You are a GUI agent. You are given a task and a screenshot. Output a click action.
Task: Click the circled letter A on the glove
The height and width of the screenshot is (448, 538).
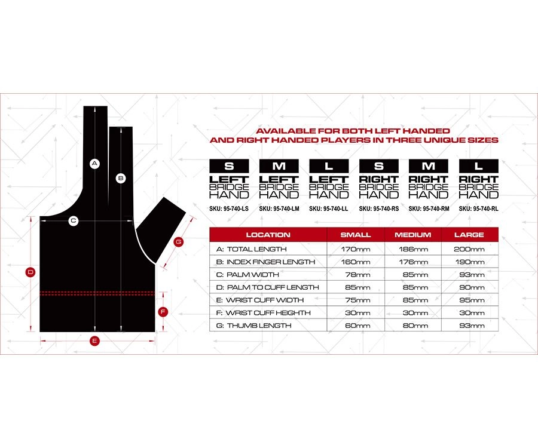coord(94,163)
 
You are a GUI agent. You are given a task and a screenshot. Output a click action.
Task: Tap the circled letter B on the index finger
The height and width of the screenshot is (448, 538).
coord(120,177)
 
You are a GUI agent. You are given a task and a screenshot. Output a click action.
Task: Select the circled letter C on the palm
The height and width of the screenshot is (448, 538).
coord(74,221)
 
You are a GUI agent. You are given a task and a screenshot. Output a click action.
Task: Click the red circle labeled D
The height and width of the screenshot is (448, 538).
coord(30,272)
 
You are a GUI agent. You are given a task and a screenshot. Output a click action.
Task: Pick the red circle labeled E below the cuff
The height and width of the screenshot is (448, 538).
coord(94,341)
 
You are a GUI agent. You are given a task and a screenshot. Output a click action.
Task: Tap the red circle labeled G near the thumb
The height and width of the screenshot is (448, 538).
coord(178,242)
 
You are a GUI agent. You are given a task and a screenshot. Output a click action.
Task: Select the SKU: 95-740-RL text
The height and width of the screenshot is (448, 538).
coord(478,208)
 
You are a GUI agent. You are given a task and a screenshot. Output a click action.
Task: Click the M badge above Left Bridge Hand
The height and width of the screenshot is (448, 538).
coord(279,166)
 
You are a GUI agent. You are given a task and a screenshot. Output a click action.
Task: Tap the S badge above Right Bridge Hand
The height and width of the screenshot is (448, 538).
coord(378,166)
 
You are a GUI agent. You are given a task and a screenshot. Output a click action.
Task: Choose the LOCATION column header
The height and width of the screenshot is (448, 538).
coord(268,235)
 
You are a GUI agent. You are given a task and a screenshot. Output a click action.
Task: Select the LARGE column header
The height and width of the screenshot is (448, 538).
coord(469,235)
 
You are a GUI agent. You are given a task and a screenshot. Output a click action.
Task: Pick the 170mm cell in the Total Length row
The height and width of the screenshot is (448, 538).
coord(355,249)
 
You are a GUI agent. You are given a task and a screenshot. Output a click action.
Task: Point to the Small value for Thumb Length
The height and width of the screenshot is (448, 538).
coord(355,326)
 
